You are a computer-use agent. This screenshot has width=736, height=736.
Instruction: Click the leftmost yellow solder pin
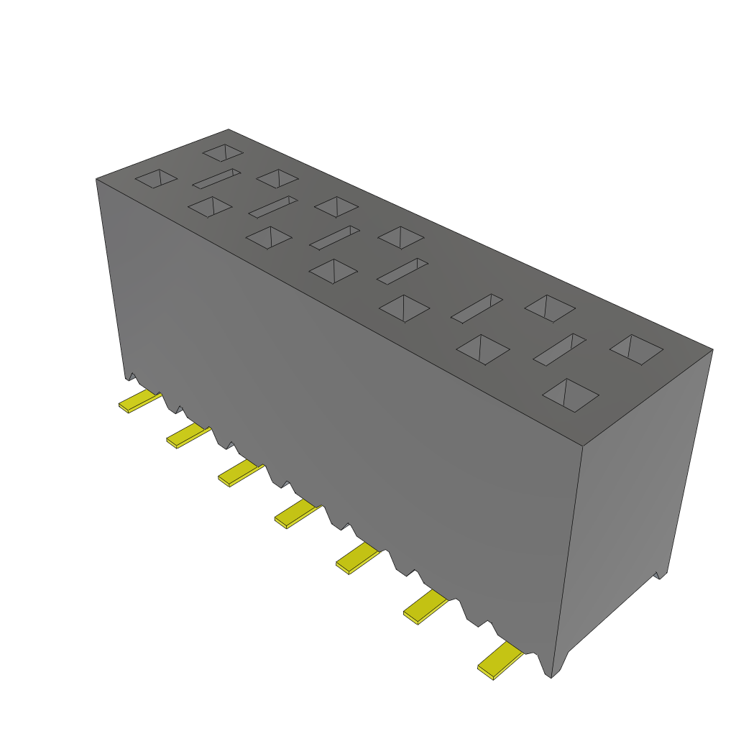click(x=139, y=402)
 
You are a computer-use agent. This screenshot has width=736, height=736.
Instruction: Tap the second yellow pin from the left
click(x=187, y=436)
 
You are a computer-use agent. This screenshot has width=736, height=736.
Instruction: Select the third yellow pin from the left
click(x=239, y=474)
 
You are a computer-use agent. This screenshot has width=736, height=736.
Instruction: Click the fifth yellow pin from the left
click(x=356, y=558)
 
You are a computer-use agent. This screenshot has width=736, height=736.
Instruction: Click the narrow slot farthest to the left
click(x=216, y=179)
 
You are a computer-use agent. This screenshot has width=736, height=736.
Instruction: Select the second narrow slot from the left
click(x=273, y=206)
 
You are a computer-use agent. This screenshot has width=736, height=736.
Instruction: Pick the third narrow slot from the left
click(x=334, y=237)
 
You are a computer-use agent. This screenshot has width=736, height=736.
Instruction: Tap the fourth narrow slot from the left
click(x=402, y=271)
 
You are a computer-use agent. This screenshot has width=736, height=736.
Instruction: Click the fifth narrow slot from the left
click(x=477, y=308)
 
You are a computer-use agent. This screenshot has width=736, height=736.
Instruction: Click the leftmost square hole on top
click(x=156, y=178)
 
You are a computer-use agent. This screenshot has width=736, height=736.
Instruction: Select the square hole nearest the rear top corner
click(x=224, y=152)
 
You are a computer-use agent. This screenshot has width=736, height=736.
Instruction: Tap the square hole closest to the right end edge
click(x=636, y=348)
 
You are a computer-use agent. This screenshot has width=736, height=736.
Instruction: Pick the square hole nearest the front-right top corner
click(x=571, y=395)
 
